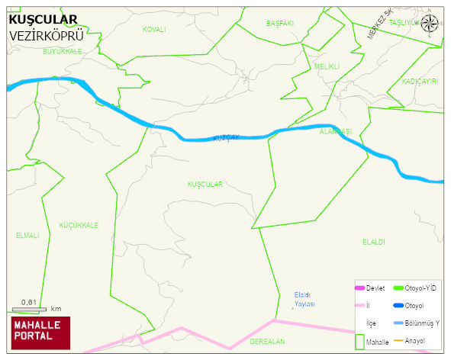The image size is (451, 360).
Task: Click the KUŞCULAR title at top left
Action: click(43, 20)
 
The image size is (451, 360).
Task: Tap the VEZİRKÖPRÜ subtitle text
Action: click(46, 35)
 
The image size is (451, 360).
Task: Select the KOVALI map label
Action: click(154, 29)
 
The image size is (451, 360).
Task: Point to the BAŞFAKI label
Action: click(280, 24)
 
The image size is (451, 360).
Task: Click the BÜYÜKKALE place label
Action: click(62, 50)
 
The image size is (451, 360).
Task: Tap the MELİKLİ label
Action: click(327, 66)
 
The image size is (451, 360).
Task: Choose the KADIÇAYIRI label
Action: click(420, 81)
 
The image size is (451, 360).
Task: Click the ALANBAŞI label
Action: click(336, 131)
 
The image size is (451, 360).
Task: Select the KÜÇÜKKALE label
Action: click(79, 225)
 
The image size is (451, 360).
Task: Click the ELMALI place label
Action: click(27, 236)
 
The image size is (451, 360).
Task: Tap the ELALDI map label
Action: click(374, 242)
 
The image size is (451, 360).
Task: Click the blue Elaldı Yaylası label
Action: click(304, 299)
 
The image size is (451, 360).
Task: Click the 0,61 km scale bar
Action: click(31, 307)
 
